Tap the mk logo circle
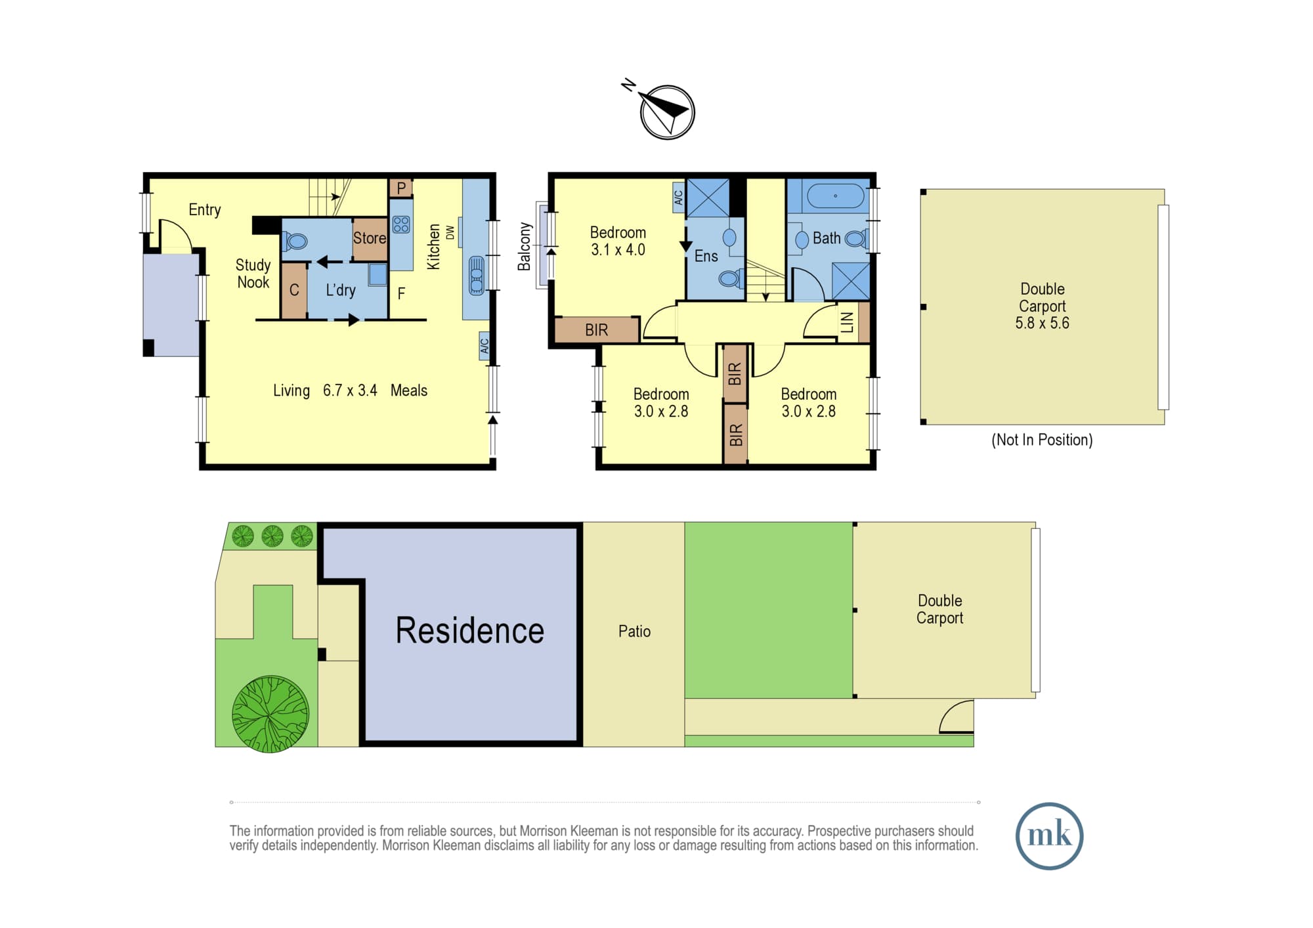click(1049, 835)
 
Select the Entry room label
click(205, 210)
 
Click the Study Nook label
click(253, 274)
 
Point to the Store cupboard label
click(370, 238)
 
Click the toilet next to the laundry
click(295, 242)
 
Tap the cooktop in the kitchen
click(401, 224)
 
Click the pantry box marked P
click(401, 188)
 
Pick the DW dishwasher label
click(450, 232)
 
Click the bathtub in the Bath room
click(835, 196)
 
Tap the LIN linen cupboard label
click(848, 322)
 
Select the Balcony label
click(524, 247)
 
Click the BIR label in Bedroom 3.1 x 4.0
click(597, 330)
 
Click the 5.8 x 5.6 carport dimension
click(1043, 323)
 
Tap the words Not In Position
click(1043, 440)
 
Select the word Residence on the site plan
click(470, 631)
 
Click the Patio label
click(635, 631)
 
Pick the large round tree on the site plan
click(270, 714)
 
